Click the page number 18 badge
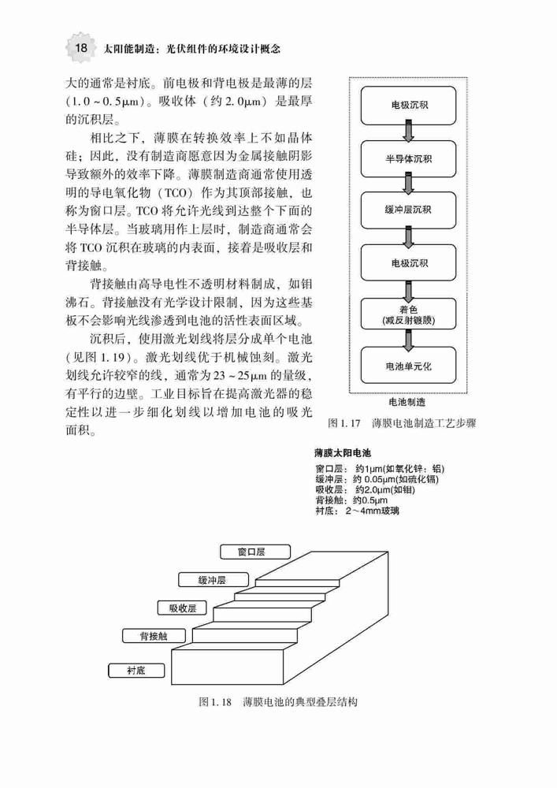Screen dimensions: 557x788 click(80, 48)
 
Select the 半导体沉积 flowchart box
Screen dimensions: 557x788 click(408, 159)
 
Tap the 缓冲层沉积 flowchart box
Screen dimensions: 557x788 click(408, 210)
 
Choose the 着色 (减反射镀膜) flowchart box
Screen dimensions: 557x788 click(408, 315)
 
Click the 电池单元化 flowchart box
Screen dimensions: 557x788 click(408, 366)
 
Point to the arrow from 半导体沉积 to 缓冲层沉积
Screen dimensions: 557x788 click(409, 184)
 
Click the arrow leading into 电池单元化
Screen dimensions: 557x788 click(409, 340)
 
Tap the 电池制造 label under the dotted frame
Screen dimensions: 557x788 click(407, 402)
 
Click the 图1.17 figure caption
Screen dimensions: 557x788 click(401, 423)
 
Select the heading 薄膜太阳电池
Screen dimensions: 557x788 click(343, 453)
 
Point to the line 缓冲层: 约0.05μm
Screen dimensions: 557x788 click(377, 479)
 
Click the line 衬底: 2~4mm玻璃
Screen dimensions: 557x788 click(357, 511)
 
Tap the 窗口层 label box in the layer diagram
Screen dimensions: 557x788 click(255, 552)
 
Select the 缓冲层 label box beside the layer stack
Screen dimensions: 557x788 click(213, 580)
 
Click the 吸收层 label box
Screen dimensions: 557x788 click(182, 608)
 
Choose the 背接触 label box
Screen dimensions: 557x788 click(154, 636)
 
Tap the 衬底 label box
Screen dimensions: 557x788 click(136, 671)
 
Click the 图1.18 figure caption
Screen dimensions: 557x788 click(278, 701)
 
